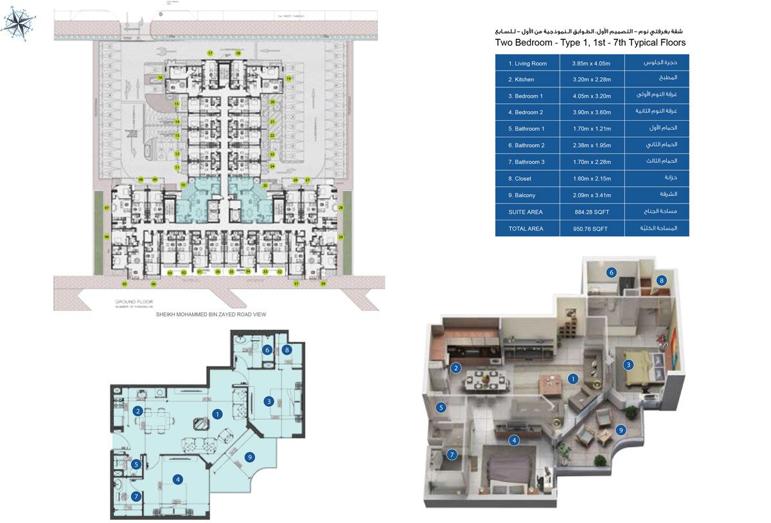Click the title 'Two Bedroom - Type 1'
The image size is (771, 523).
click(x=549, y=42)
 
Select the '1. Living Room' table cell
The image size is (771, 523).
click(x=527, y=64)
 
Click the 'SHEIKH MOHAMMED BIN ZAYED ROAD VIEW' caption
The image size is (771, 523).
click(x=211, y=315)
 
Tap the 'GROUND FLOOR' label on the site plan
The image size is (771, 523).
click(x=132, y=301)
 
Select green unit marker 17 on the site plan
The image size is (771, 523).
click(x=209, y=53)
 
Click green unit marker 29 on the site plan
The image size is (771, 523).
click(x=341, y=238)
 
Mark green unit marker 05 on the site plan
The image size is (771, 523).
click(x=125, y=283)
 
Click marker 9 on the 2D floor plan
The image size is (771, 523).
click(x=249, y=457)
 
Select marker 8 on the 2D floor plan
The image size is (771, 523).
click(x=287, y=350)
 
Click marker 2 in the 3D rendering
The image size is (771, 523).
click(x=456, y=368)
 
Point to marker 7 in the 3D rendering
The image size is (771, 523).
click(x=452, y=455)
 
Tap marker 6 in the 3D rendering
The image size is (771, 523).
click(x=612, y=272)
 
